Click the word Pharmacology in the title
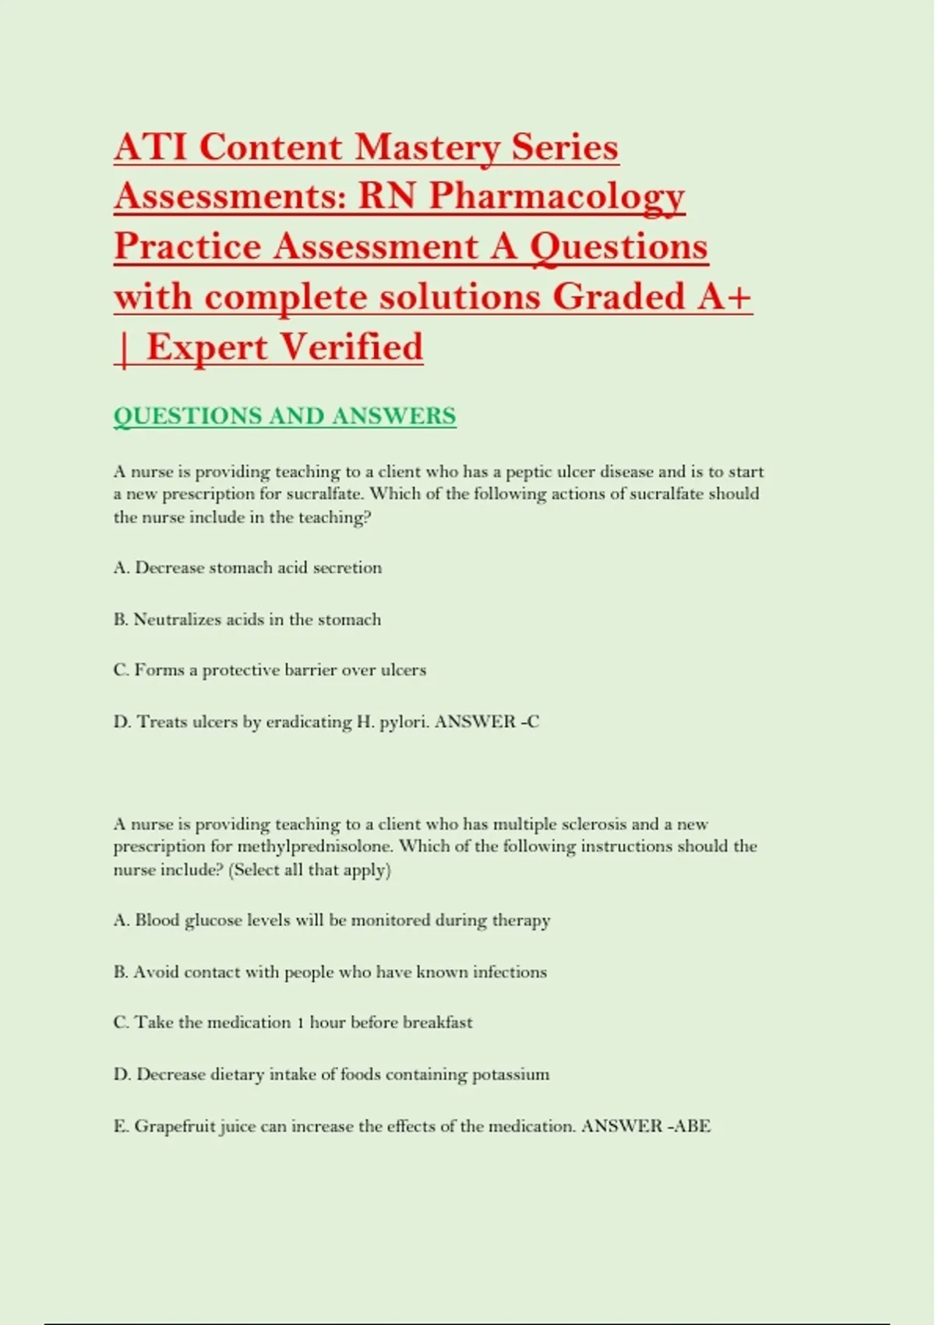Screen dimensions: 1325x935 pos(556,196)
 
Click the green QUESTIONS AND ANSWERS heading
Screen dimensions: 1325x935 pos(284,416)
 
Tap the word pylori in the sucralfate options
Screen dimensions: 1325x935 pos(404,723)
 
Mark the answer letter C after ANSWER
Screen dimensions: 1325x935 pos(533,722)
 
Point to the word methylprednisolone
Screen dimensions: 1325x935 pos(316,846)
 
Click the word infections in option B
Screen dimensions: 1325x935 pos(510,972)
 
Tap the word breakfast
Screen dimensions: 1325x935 pos(437,1023)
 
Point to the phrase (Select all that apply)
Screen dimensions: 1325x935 pos(309,870)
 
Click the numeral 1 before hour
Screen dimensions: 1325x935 pos(300,1023)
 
